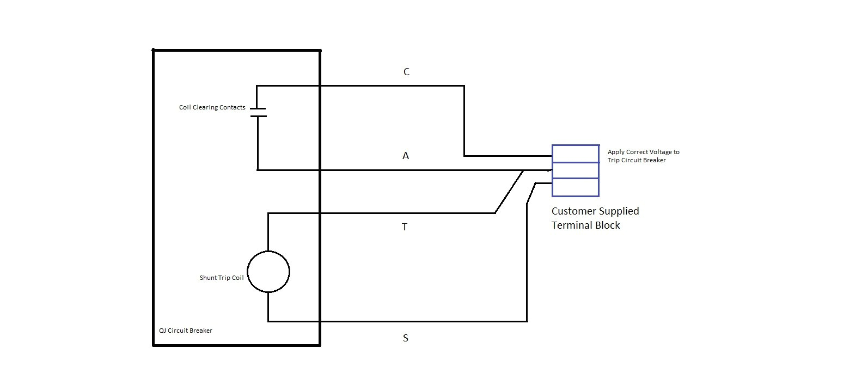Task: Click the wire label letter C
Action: click(406, 72)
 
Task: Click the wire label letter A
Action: click(406, 156)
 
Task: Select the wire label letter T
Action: click(405, 227)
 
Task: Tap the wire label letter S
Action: click(405, 338)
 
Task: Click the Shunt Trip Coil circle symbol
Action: click(268, 272)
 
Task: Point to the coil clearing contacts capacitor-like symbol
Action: click(258, 112)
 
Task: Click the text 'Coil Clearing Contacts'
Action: click(212, 108)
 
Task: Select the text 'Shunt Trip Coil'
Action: click(222, 278)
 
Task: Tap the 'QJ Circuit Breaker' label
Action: click(186, 331)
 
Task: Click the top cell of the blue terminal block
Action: click(576, 154)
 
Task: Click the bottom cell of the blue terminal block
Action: click(576, 187)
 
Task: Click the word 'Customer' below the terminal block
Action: click(573, 211)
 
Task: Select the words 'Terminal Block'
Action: click(586, 225)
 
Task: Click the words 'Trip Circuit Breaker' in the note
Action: click(637, 160)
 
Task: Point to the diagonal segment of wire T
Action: click(509, 192)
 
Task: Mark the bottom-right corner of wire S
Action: click(527, 321)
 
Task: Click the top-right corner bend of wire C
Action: click(464, 86)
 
